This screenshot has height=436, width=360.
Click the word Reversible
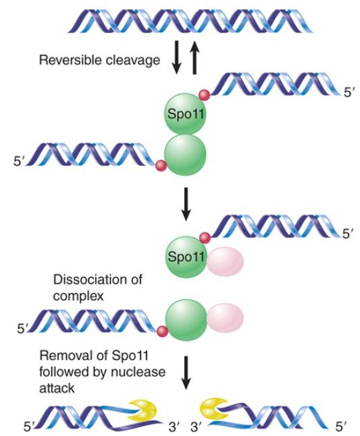click(70, 59)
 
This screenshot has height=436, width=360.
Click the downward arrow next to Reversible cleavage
click(177, 57)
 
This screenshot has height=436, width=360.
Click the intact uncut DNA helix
click(190, 22)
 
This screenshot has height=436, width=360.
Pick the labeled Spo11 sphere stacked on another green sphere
click(185, 114)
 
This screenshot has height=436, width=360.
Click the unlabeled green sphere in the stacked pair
click(185, 155)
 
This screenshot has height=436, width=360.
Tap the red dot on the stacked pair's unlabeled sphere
click(161, 166)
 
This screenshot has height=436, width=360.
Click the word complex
click(78, 296)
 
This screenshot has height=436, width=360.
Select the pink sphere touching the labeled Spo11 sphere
click(225, 262)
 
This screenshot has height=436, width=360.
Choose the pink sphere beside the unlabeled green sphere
click(226, 318)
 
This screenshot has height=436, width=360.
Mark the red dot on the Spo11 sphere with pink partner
click(205, 238)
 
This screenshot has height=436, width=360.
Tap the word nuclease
click(138, 372)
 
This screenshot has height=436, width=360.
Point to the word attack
click(57, 388)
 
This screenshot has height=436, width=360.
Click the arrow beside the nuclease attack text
click(186, 372)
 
